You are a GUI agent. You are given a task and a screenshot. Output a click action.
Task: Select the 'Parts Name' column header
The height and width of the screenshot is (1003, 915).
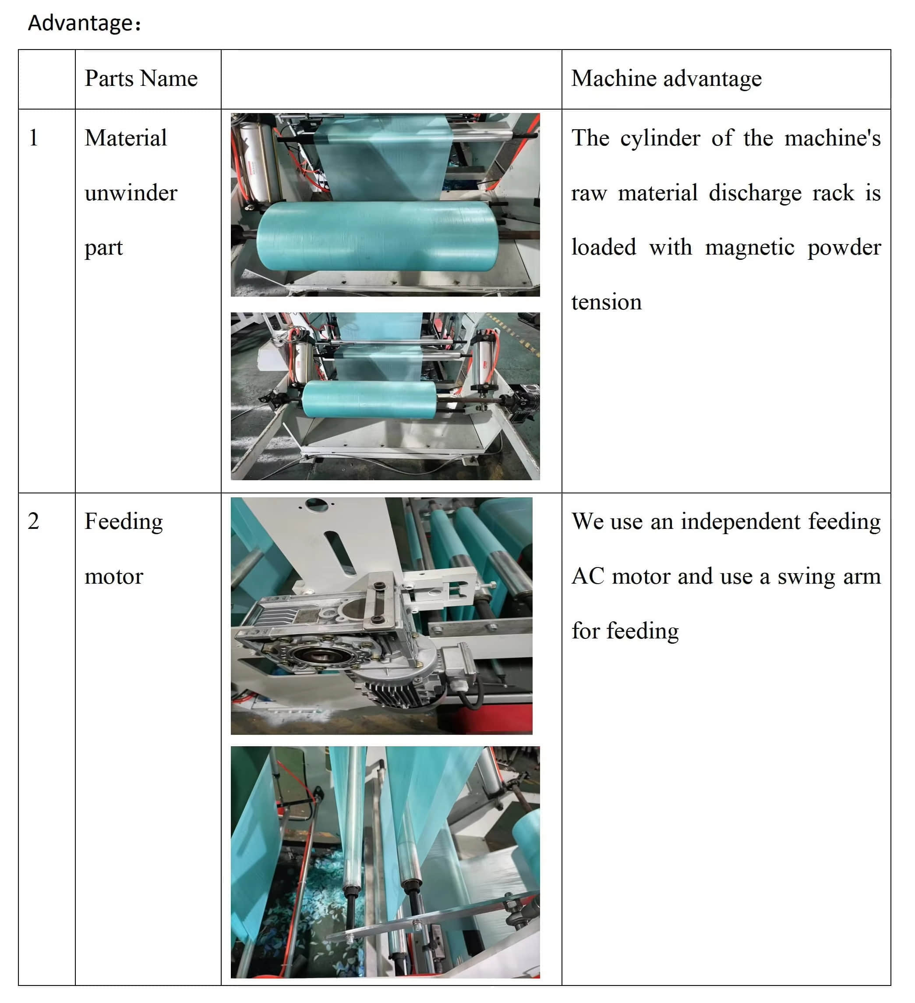(141, 78)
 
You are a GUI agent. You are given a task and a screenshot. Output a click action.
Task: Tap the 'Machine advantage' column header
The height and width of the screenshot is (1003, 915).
(666, 78)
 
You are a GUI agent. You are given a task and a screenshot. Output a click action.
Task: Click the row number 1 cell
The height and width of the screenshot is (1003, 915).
(33, 138)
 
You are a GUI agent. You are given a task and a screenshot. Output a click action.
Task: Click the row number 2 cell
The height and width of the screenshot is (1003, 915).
(33, 521)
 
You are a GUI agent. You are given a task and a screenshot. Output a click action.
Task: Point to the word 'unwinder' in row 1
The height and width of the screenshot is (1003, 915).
(131, 193)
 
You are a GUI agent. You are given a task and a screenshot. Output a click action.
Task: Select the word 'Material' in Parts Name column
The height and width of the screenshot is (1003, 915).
(125, 138)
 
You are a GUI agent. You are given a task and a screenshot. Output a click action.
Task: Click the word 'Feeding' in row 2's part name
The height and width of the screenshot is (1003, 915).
(124, 521)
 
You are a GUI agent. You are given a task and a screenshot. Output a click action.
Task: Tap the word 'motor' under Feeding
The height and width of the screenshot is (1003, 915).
(114, 577)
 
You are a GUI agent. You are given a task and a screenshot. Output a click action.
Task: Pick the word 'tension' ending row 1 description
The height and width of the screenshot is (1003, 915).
(606, 302)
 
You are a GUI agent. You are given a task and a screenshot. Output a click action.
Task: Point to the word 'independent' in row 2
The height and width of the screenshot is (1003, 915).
(741, 521)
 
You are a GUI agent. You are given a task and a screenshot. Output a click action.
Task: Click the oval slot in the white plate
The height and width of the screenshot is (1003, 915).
(340, 552)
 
